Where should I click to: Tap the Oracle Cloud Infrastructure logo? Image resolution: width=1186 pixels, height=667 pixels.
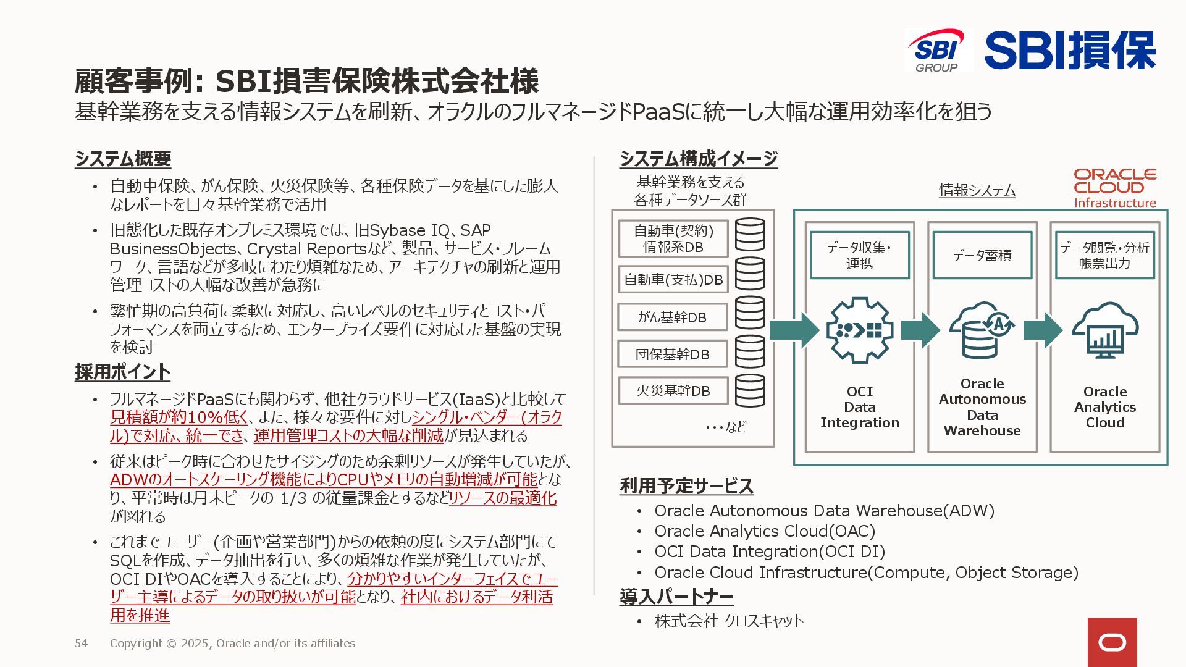pos(1114,188)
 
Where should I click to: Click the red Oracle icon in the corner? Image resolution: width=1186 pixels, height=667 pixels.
pos(1112,642)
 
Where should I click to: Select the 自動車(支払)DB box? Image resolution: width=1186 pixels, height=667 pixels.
pos(673,280)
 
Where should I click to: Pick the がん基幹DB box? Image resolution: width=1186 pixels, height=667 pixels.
pos(673,317)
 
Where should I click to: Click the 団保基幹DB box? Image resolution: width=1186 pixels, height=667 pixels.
pos(673,354)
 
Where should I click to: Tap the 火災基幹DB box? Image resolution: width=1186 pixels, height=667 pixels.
pos(673,391)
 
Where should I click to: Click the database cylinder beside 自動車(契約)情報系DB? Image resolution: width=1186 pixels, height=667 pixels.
pos(750,235)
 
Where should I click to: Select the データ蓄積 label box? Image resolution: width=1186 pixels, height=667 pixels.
pos(982,255)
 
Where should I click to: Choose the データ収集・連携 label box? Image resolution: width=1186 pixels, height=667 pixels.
pos(859,255)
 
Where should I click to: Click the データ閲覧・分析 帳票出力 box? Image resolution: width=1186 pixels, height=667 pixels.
pos(1104,255)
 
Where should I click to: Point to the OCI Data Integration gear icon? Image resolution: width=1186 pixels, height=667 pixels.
pos(859,330)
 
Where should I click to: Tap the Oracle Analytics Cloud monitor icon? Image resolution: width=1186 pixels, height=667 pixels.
pos(1104,330)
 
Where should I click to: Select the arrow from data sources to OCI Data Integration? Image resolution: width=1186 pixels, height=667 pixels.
pos(794,330)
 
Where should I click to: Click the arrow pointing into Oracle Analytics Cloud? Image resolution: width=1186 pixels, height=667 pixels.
pos(1043,330)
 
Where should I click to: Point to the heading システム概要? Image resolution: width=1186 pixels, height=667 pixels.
pos(123,159)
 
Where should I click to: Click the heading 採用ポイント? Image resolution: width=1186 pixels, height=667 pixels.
pos(122,372)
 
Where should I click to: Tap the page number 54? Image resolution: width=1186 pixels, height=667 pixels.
pos(81,644)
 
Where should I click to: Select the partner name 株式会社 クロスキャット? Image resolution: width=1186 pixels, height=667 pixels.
pos(729,621)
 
